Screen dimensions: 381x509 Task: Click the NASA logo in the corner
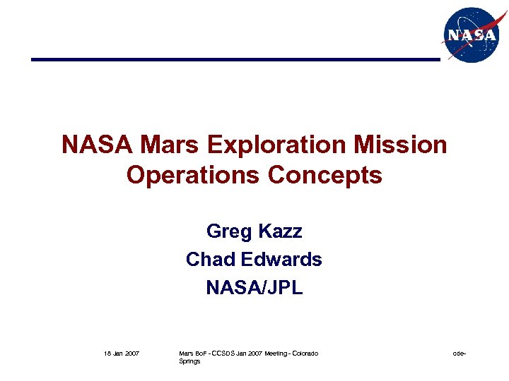(x=470, y=35)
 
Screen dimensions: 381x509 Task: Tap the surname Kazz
(x=281, y=231)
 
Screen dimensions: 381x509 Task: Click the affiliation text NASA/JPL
(x=255, y=287)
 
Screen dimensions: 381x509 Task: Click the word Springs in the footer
(x=189, y=361)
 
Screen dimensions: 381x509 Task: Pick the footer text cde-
(x=459, y=353)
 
